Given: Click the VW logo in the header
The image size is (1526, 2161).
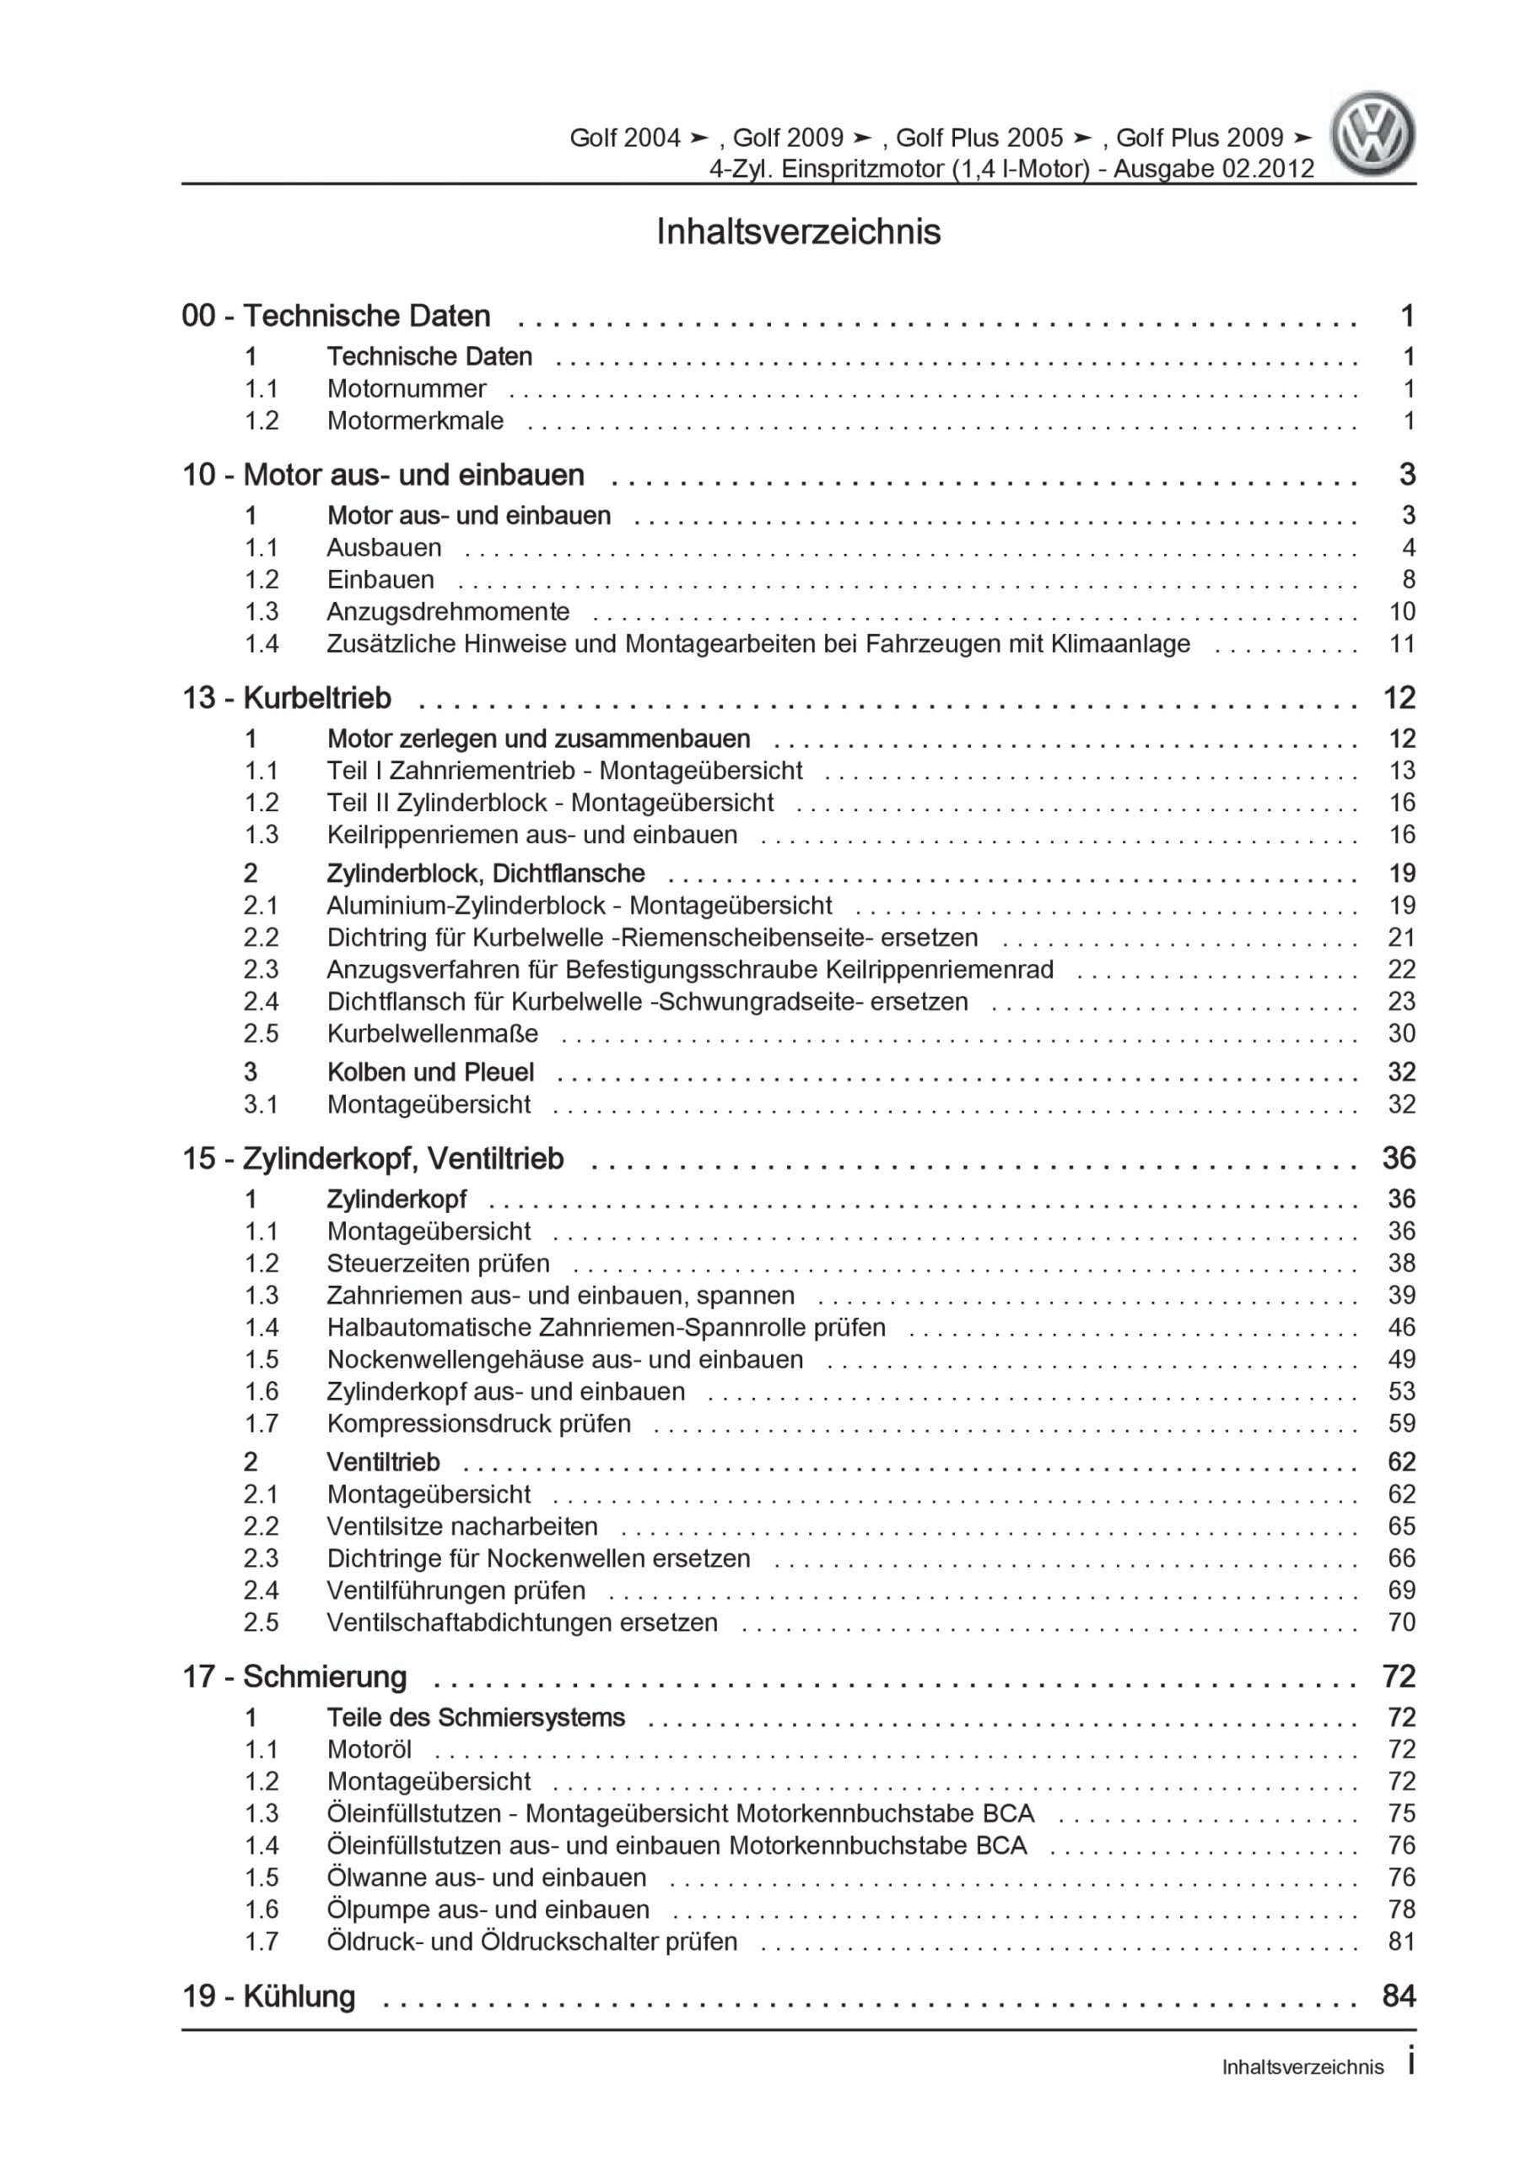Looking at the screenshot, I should click(1372, 133).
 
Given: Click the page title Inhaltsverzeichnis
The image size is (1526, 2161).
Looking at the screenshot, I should click(798, 231).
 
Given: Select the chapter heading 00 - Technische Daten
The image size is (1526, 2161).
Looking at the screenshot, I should click(336, 317).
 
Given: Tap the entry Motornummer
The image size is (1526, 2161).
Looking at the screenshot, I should click(407, 388).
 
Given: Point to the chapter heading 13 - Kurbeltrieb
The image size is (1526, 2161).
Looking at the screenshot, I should click(286, 698).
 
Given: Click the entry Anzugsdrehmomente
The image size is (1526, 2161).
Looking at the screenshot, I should click(448, 612).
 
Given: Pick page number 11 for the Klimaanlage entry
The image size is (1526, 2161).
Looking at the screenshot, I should click(1402, 644).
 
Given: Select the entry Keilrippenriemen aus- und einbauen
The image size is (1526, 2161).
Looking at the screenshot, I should click(531, 835).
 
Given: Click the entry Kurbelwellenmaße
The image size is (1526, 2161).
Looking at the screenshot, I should click(433, 1033).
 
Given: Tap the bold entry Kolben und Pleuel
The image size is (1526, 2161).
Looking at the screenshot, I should click(430, 1072).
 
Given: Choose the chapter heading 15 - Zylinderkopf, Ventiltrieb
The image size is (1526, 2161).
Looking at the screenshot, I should click(373, 1159).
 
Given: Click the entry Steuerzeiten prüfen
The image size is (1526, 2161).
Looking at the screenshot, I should click(439, 1263).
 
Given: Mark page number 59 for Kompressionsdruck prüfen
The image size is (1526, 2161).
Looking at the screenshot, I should click(1402, 1423).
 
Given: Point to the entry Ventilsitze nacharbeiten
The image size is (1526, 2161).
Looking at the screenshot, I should click(462, 1525).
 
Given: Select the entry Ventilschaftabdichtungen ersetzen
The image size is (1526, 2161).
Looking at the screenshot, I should click(522, 1622).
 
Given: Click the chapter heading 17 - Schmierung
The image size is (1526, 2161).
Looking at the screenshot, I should click(294, 1676).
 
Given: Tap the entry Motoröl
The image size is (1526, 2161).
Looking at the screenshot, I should click(369, 1749).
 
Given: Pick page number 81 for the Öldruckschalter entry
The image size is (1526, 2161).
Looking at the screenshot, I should click(1402, 1941).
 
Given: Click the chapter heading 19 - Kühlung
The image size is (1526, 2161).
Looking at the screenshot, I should click(268, 1996).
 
